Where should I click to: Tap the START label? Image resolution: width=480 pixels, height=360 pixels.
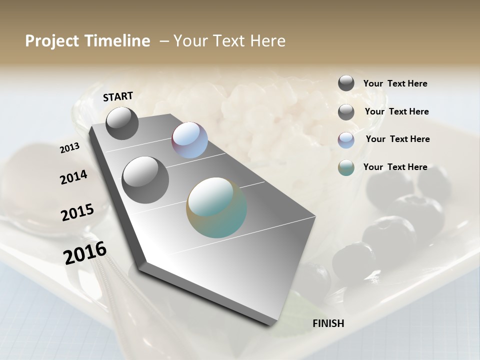[x=118, y=96]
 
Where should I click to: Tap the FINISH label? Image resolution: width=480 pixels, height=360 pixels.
[x=328, y=323]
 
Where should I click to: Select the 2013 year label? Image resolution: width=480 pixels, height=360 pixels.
[x=69, y=148]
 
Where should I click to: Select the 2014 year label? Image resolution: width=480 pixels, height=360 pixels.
[x=73, y=177]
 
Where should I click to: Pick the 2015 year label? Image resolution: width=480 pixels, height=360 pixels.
[x=77, y=212]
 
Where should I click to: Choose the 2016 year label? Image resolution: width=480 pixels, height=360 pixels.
[x=85, y=252]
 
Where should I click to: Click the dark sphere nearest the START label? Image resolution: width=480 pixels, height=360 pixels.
[x=122, y=123]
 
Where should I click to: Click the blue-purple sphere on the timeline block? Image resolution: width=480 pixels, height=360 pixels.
[x=190, y=140]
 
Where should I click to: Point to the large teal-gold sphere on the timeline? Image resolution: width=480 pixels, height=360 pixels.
[x=216, y=207]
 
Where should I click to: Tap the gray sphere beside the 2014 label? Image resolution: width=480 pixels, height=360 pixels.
[x=145, y=180]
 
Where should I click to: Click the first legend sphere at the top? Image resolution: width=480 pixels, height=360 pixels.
[x=346, y=83]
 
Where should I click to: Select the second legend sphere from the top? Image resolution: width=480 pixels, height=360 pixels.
[x=346, y=112]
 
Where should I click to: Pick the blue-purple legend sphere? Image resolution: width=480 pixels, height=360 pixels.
[x=346, y=140]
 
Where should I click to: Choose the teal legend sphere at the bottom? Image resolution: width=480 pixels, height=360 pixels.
[x=346, y=167]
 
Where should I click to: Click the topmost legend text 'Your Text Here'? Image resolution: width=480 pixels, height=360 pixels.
[x=395, y=84]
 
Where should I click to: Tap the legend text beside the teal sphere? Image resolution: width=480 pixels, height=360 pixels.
[x=395, y=167]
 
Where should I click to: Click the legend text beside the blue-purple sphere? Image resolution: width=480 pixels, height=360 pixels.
[x=398, y=139]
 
